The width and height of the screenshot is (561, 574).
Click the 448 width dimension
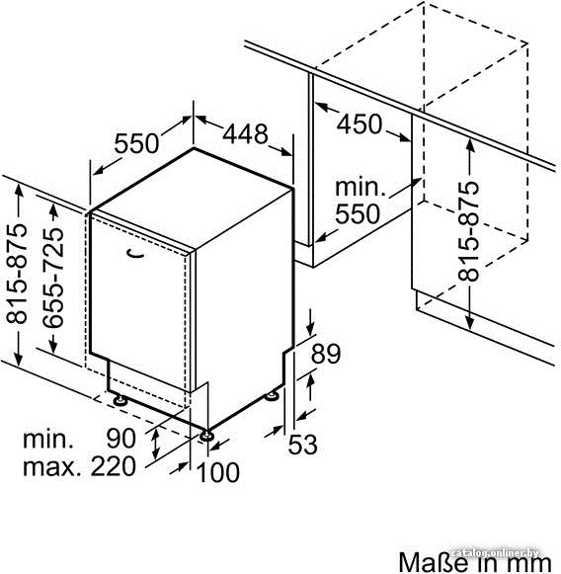click(x=245, y=134)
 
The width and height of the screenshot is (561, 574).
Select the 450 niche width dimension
click(x=360, y=123)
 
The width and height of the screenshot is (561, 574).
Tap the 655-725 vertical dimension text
click(x=53, y=278)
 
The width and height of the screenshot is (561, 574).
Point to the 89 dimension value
click(x=326, y=354)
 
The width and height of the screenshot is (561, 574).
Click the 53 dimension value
click(x=302, y=445)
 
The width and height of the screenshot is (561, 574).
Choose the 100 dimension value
click(x=218, y=472)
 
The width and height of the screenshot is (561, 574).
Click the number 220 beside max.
click(x=114, y=466)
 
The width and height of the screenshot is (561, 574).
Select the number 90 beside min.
click(x=121, y=439)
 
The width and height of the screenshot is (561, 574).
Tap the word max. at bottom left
click(x=52, y=467)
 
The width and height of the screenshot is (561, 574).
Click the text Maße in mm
click(x=475, y=562)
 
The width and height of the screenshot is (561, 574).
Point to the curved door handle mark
click(x=135, y=253)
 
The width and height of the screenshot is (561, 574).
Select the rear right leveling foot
click(x=272, y=395)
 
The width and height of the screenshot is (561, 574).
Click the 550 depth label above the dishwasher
click(x=136, y=143)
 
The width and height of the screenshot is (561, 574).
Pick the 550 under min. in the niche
click(x=358, y=213)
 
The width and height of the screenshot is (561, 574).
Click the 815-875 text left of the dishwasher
click(x=17, y=274)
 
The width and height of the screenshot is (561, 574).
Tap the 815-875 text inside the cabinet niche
click(x=468, y=231)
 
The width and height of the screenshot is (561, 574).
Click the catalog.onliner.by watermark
click(x=495, y=553)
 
